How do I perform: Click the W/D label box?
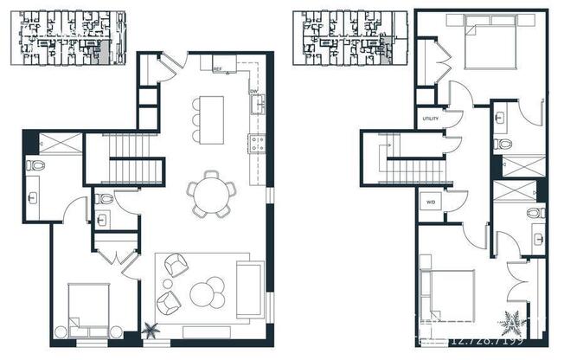tap(430, 203)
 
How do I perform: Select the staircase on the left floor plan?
tap(133, 160)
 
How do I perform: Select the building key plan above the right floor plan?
tap(345, 38)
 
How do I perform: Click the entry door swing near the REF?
tap(172, 63)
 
